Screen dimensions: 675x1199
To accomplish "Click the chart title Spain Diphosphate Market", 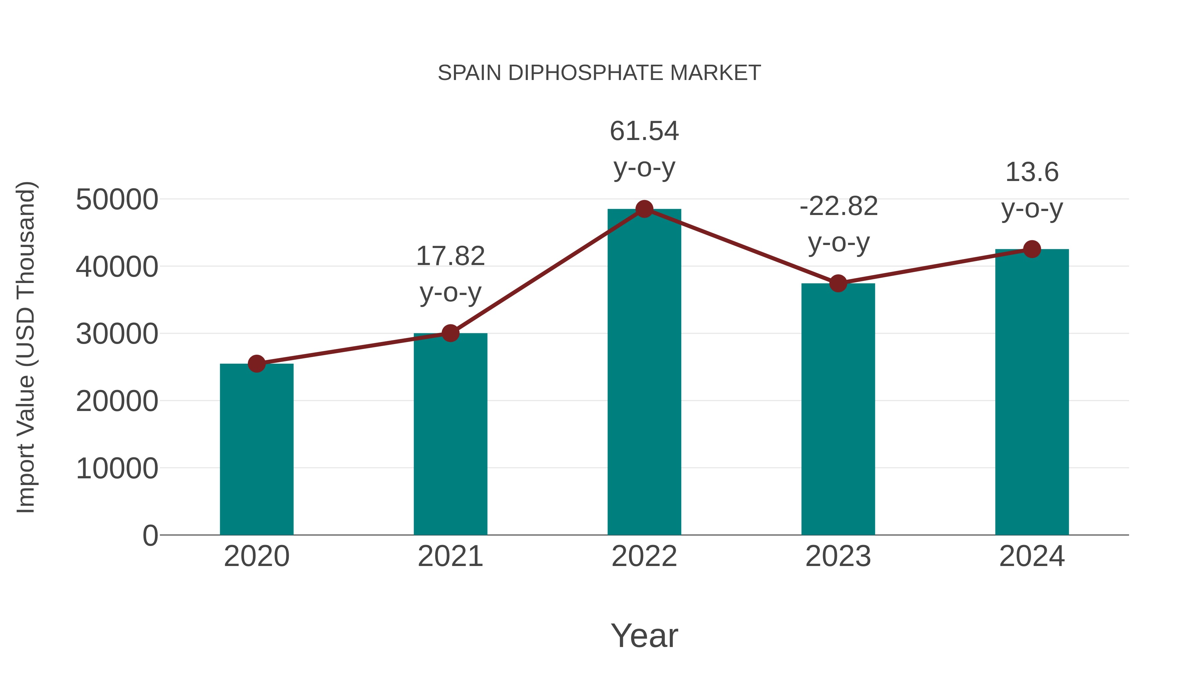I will [x=599, y=73].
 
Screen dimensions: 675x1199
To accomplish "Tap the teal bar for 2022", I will [x=644, y=373].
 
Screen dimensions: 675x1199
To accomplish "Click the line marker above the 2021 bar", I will [x=450, y=333].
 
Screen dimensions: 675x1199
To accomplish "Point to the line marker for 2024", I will [x=1032, y=249].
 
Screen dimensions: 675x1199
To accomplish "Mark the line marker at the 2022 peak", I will [x=644, y=209].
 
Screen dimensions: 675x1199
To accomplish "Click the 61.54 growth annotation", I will [x=644, y=131].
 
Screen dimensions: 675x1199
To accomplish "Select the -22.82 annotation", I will [x=838, y=206].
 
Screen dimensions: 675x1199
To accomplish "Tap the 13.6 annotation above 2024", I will [x=1032, y=172].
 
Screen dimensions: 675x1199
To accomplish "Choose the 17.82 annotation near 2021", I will [x=450, y=256].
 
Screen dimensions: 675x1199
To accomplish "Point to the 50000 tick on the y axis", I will [x=117, y=200].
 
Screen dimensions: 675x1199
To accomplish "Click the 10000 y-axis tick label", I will [x=117, y=468].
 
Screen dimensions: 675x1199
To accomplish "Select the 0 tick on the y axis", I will [x=150, y=535].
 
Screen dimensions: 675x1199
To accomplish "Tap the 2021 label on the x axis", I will [x=450, y=556].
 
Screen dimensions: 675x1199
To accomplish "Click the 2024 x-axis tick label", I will [x=1032, y=556].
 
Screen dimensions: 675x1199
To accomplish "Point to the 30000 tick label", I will [x=117, y=334].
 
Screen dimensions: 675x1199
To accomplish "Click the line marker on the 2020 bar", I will [x=256, y=363].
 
